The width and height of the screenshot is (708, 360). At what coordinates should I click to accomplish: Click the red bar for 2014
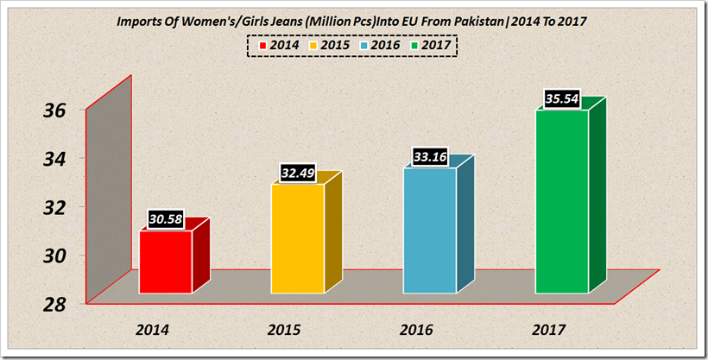(165, 262)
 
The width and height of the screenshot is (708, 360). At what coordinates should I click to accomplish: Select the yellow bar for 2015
(298, 238)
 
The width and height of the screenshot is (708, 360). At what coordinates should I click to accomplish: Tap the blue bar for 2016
(429, 231)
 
